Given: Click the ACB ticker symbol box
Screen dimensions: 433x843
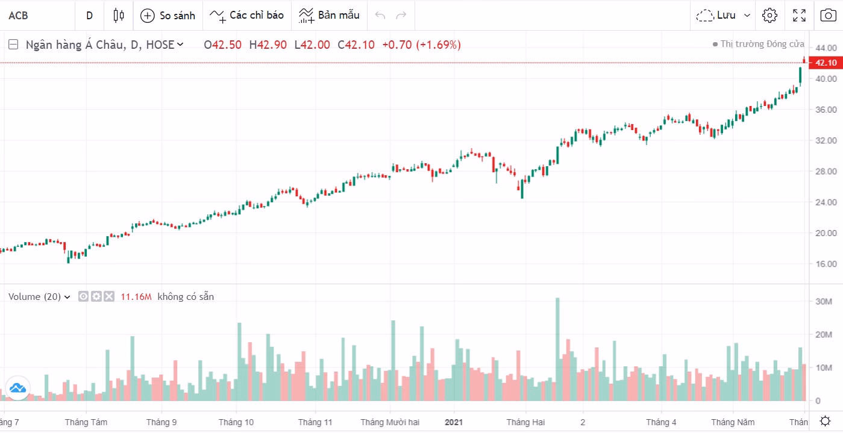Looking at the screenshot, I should pos(19,16).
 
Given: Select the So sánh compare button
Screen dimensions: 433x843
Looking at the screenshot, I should pos(168,16).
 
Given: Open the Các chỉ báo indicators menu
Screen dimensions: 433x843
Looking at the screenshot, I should pos(246,16).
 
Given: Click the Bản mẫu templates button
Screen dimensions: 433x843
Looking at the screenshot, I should pos(329,16).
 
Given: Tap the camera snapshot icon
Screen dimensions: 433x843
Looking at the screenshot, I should pos(828,16).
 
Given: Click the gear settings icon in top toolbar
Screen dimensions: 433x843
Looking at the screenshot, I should pos(769,16).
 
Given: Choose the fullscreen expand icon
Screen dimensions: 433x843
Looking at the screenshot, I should pos(799,16).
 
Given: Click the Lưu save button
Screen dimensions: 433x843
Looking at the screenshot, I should pos(724,16).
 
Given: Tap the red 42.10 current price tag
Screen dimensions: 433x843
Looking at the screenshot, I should pos(825,63).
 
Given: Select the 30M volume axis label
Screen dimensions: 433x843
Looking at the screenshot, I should pos(824,301).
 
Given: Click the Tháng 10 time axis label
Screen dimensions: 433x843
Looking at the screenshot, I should pos(236,422).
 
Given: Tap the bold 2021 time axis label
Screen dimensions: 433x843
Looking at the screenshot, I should pos(454,422).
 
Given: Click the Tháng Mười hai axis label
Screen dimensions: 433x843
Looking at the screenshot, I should pos(390,422).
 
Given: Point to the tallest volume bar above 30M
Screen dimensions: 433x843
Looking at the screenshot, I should pos(557,349).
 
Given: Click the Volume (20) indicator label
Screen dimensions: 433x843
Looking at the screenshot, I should pos(34,296).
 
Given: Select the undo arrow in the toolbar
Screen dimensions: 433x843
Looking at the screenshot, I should pos(380,16).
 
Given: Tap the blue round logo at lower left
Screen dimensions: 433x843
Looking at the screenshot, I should pos(17,388).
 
